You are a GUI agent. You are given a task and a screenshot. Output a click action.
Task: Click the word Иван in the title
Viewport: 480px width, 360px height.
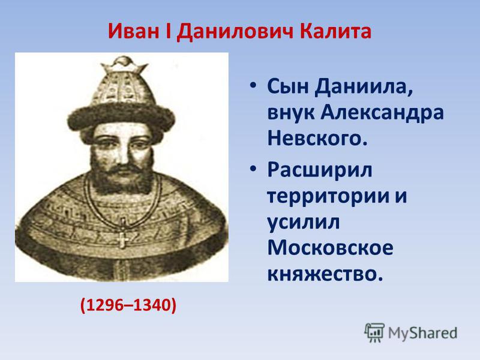click(133, 31)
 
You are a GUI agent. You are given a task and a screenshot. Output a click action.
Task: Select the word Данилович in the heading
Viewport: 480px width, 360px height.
click(235, 32)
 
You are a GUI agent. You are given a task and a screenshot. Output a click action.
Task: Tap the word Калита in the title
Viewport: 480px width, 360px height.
click(335, 31)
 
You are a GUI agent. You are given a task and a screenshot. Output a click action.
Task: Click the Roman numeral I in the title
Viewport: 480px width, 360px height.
click(168, 31)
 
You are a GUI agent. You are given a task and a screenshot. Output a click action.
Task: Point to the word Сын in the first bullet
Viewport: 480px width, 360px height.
click(288, 86)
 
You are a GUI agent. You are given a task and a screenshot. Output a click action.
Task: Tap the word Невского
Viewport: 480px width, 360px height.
click(317, 138)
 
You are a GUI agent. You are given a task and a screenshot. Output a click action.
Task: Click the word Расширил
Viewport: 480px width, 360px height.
click(320, 170)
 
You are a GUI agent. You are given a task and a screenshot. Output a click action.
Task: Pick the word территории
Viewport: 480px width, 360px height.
click(328, 196)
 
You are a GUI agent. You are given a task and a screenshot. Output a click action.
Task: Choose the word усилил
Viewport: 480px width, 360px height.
click(304, 223)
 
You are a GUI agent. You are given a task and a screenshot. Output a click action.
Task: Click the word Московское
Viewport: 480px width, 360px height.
click(331, 248)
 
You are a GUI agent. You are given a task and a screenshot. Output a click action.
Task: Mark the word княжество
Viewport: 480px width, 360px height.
click(325, 274)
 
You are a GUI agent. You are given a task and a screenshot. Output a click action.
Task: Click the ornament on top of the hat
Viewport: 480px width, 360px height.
click(124, 64)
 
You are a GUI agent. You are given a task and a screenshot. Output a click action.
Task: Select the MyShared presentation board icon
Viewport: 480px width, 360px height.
click(374, 332)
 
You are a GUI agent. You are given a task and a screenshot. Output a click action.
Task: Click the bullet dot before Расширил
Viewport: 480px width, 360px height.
click(252, 169)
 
